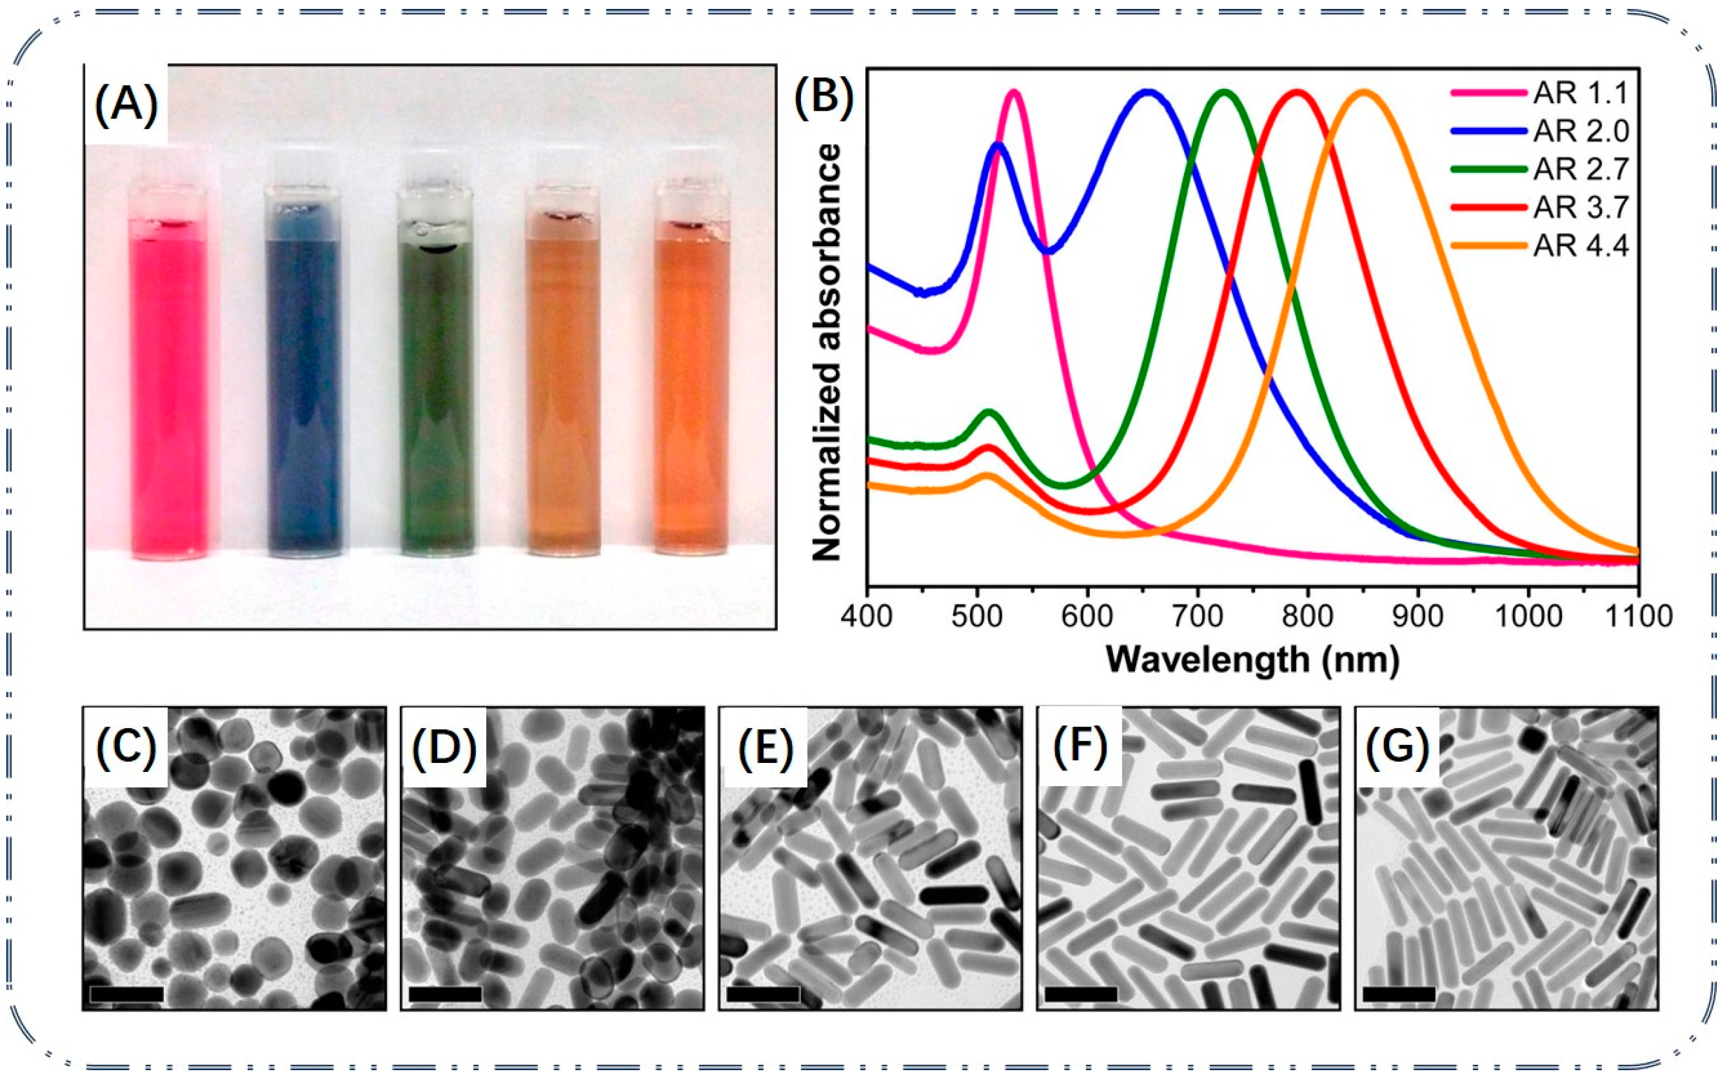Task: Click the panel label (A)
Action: click(126, 105)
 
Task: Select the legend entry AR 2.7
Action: click(1580, 170)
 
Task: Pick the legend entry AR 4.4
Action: click(1580, 246)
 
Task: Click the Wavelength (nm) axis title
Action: click(1252, 659)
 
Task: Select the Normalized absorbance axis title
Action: click(826, 353)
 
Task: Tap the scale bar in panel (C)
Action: click(127, 994)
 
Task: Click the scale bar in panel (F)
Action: click(1080, 994)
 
